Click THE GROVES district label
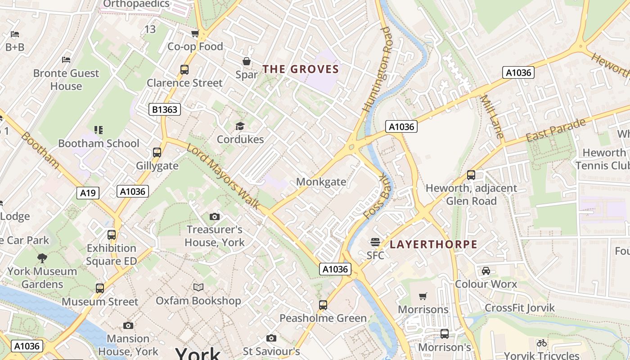click(x=300, y=69)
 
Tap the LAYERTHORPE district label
click(x=433, y=244)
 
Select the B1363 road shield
click(x=165, y=109)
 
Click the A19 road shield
click(x=88, y=193)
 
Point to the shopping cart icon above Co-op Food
click(x=195, y=34)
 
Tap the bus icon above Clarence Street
click(x=184, y=70)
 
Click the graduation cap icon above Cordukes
click(x=240, y=126)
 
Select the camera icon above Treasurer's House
click(x=214, y=216)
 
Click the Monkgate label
click(x=321, y=182)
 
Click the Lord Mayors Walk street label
click(x=223, y=176)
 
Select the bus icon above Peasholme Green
click(x=323, y=305)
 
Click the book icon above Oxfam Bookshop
click(x=198, y=287)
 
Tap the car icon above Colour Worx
click(x=486, y=271)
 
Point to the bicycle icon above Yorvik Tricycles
click(x=541, y=343)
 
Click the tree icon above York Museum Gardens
click(x=42, y=258)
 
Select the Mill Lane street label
click(x=492, y=116)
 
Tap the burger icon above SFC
click(x=375, y=242)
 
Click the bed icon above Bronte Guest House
click(x=66, y=59)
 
